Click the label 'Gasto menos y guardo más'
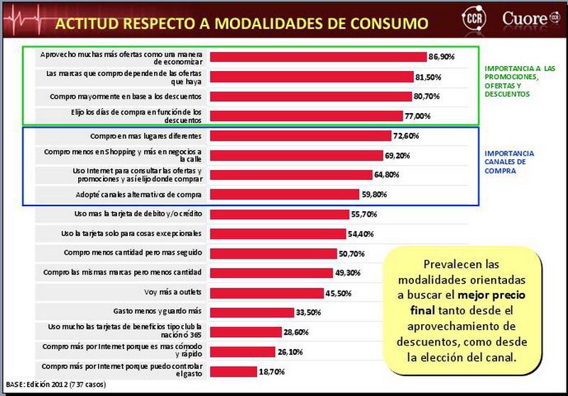[158, 311]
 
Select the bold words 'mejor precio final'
[465, 304]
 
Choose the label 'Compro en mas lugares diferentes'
[146, 135]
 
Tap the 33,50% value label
[308, 312]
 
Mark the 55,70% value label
[364, 214]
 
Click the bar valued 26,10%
[243, 351]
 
